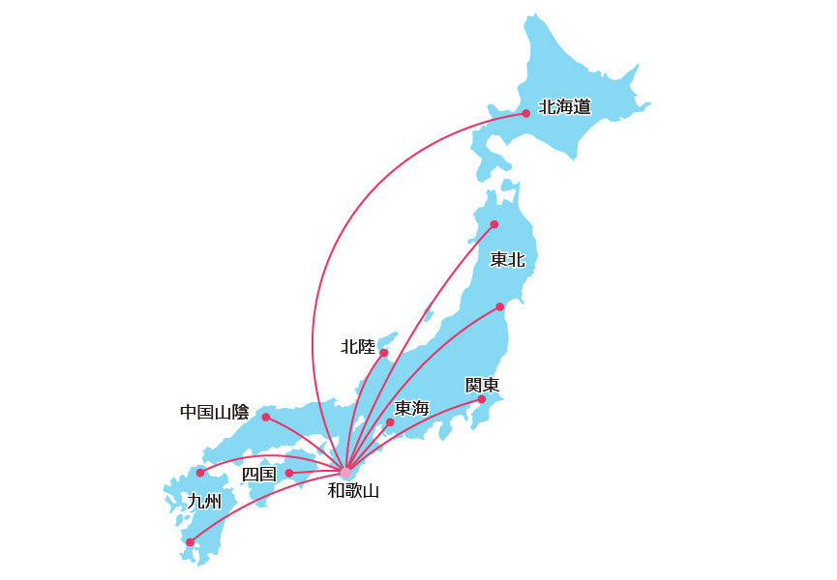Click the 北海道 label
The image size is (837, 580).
pos(564,106)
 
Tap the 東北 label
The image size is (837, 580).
pos(507,259)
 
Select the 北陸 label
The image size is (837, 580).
pos(357,346)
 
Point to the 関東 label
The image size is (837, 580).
pos(482,385)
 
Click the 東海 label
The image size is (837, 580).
pos(412,409)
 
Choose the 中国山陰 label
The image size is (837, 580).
pos(214,413)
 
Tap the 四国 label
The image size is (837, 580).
pos(258,474)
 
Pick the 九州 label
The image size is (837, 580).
pos(204,501)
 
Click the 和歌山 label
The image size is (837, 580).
pos(352,491)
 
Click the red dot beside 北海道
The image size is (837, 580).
pos(525,113)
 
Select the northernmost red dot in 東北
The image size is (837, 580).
pos(493,224)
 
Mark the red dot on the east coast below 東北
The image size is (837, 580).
pos(499,307)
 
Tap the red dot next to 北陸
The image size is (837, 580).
pos(383,353)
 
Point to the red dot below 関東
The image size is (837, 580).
pos(481,399)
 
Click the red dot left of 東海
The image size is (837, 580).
pos(390,422)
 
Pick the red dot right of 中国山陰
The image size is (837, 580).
pos(265,417)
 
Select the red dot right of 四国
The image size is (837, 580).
pos(288,473)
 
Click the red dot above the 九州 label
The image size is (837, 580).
pos(200,473)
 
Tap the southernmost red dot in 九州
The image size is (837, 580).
pos(190,542)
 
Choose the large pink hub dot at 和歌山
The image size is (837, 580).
pos(345,472)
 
